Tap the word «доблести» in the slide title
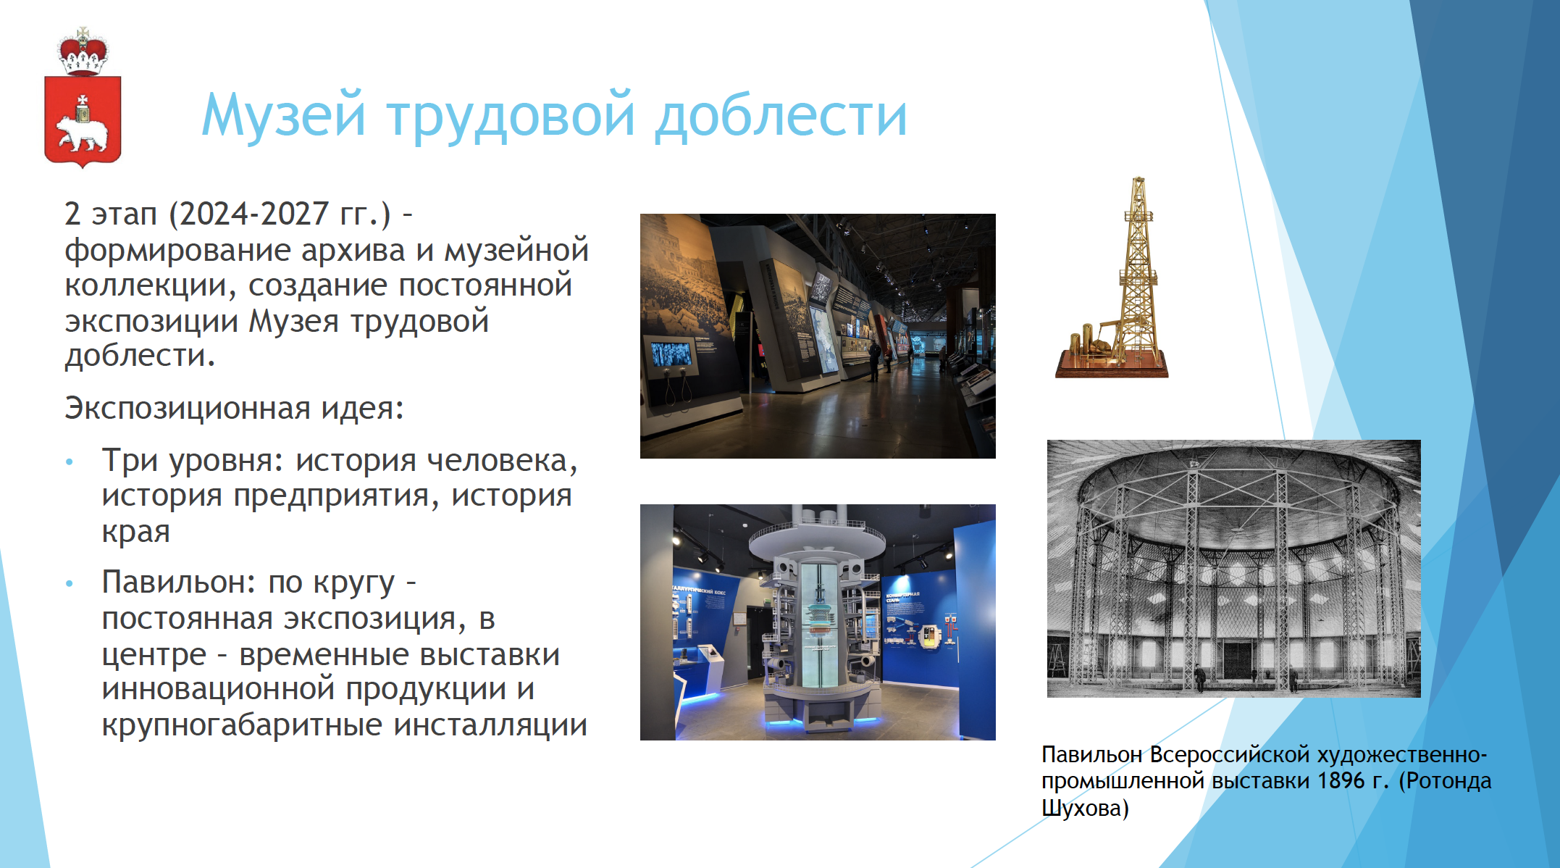coord(781,116)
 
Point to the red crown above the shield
coord(83,52)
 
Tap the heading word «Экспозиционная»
coord(188,409)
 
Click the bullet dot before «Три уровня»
coord(70,462)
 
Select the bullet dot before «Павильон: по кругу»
coord(70,583)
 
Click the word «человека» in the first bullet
coord(502,462)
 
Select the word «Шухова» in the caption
coord(1081,808)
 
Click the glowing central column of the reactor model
coord(819,624)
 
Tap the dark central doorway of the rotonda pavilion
coord(1237,659)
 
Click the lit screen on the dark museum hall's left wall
coord(672,354)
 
